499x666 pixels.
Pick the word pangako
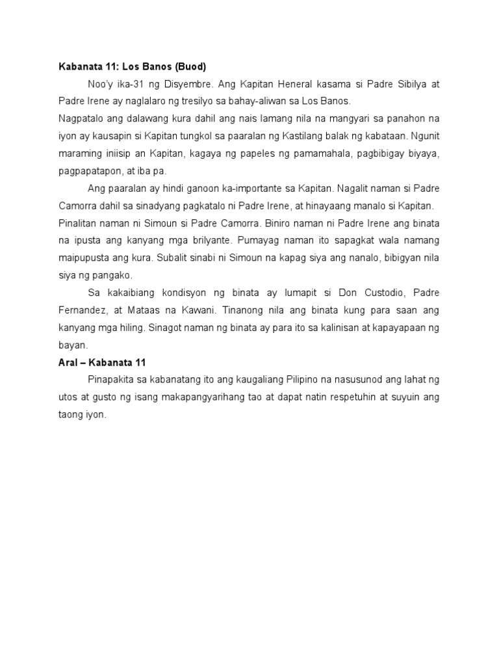[112, 275]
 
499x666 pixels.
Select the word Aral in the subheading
[67, 362]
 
